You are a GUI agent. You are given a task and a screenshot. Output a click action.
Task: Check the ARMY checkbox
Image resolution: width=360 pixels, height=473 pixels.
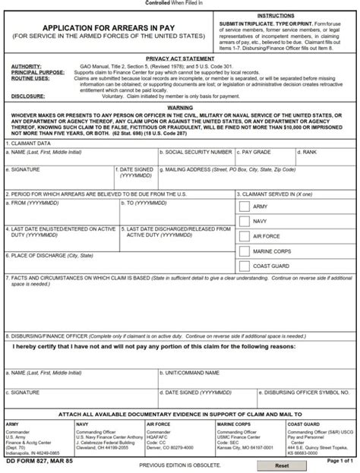point(245,206)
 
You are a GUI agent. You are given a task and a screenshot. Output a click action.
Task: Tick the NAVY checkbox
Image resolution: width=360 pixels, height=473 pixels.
point(245,221)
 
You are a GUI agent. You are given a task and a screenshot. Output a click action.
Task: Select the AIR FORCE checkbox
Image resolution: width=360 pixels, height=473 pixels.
point(245,236)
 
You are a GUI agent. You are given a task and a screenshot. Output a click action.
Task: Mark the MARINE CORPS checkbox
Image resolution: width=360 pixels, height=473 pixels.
point(245,251)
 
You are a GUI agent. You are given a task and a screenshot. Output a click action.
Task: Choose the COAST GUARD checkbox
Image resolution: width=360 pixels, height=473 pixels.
point(245,266)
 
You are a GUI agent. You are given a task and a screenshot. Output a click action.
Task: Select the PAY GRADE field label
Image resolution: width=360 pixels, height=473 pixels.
point(262,153)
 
